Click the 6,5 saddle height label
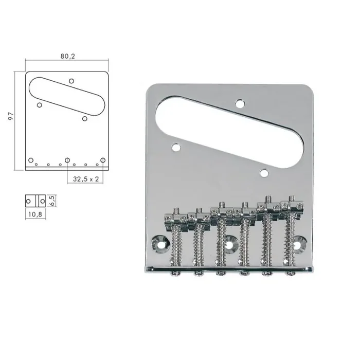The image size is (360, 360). coord(51,200)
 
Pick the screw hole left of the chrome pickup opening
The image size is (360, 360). coord(176,148)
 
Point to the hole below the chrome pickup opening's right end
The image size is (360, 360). coord(264,173)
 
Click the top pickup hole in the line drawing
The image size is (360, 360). coord(71,81)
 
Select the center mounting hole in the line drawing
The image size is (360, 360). coord(67,160)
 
